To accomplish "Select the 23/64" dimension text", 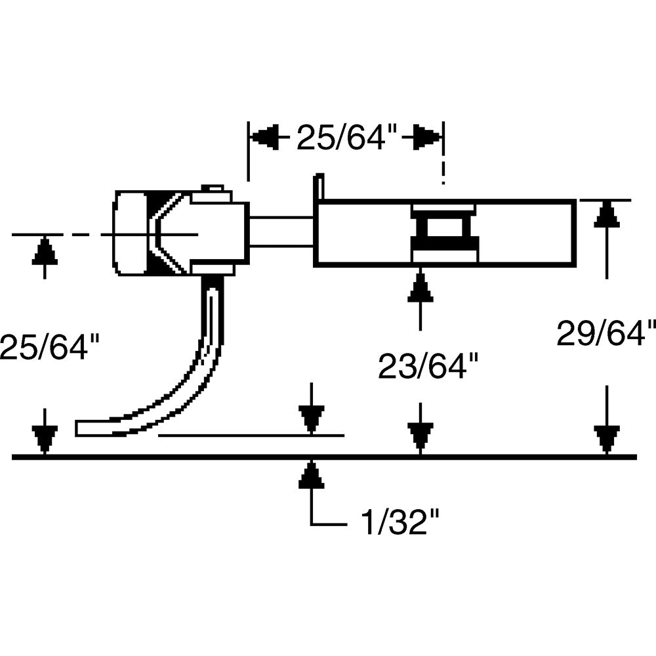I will click(x=427, y=366).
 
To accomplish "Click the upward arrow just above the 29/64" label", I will click(x=607, y=215).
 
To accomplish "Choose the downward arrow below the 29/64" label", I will click(x=607, y=438).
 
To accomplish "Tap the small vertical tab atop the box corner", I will click(x=319, y=186).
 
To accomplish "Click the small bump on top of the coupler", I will click(x=212, y=189).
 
